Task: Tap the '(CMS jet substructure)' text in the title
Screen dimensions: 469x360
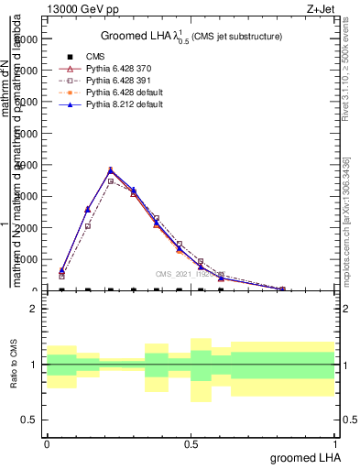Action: pyautogui.click(x=237, y=37)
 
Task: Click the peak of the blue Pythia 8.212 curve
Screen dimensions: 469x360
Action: pyautogui.click(x=111, y=169)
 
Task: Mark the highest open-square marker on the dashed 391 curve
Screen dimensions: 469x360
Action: pyautogui.click(x=111, y=181)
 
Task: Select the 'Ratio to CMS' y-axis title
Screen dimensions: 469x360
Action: pyautogui.click(x=16, y=365)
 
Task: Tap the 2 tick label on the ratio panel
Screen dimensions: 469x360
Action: pyautogui.click(x=34, y=310)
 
